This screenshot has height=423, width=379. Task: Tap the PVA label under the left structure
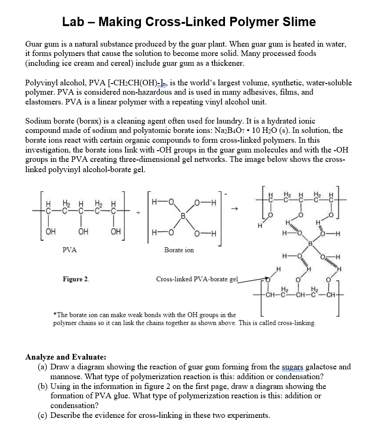coord(70,250)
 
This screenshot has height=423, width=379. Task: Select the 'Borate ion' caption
coord(179,250)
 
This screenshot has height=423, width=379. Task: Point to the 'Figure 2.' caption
coord(76,279)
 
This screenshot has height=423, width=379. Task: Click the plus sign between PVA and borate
coord(138,212)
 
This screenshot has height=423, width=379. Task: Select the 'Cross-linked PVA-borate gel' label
coord(197,279)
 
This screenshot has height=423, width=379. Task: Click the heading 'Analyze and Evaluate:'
coord(65,357)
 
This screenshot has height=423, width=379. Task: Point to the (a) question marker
coord(42,367)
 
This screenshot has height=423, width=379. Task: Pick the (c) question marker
coord(42,415)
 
